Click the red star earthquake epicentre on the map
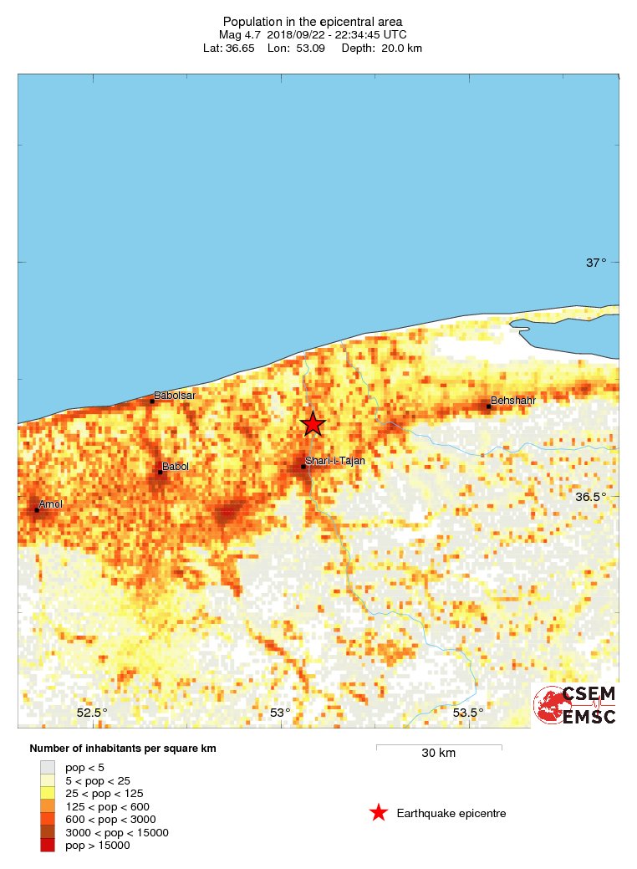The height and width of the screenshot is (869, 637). pos(313,424)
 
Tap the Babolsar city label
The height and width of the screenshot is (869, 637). pos(175,395)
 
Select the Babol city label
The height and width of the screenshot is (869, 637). pos(175,466)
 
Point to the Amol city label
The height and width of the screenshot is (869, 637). pos(51,504)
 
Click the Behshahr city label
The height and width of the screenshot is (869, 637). pos(512,401)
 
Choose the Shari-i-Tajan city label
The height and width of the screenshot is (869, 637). pos(336,460)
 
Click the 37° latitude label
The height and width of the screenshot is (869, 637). pos(596,263)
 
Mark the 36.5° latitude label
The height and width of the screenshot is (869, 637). pos(591,497)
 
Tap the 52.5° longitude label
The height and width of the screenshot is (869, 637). pos(92,713)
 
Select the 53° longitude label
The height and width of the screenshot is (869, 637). pos(280,713)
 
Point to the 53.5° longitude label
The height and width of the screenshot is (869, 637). pos(468,713)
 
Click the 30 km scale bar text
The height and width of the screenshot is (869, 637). pos(438,753)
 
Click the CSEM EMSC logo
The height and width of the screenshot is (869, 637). pos(576,705)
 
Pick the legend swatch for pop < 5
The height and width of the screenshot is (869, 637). pos(48,766)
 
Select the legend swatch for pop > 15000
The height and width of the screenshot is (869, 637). pos(48,846)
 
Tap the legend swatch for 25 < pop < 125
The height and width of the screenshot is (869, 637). pos(48,793)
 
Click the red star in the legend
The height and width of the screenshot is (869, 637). pos(379,813)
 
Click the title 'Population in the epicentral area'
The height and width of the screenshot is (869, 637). pos(313,21)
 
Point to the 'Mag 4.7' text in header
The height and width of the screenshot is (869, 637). pos(242,34)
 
